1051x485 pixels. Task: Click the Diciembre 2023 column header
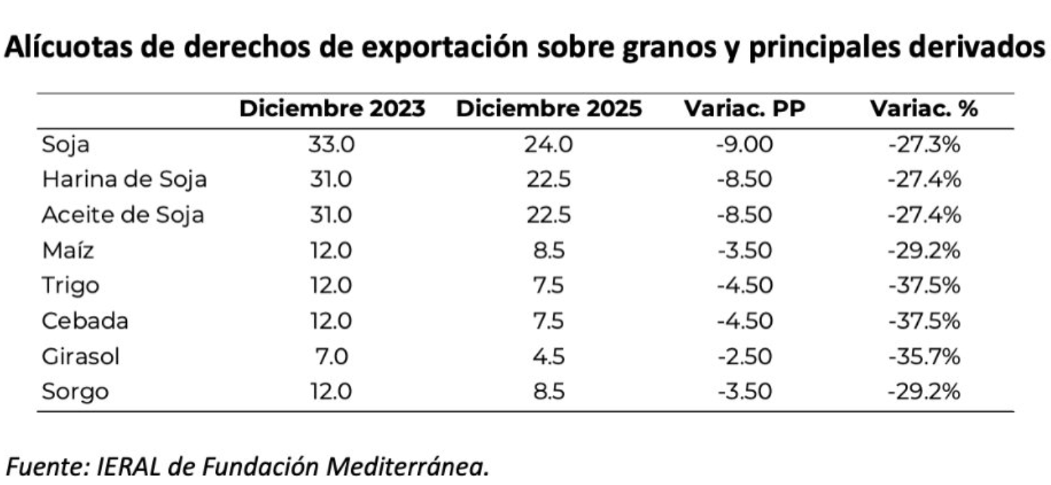[x=332, y=109]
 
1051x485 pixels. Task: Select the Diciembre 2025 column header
[x=548, y=109]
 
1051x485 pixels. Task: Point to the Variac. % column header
[x=923, y=109]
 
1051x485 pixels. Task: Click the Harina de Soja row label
[x=124, y=180]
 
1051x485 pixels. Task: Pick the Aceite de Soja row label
[x=123, y=215]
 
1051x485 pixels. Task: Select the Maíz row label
[x=68, y=250]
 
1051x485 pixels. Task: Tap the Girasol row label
[x=80, y=356]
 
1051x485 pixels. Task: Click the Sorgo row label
[x=75, y=391]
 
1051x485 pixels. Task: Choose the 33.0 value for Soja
[x=331, y=145]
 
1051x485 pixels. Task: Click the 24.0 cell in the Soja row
[x=548, y=145]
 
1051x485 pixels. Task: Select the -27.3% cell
[x=924, y=145]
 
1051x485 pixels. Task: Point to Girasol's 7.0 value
[x=331, y=356]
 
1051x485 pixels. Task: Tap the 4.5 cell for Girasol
[x=548, y=356]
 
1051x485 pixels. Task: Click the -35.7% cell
[x=924, y=356]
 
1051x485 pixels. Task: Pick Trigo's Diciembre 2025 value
[x=548, y=286]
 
